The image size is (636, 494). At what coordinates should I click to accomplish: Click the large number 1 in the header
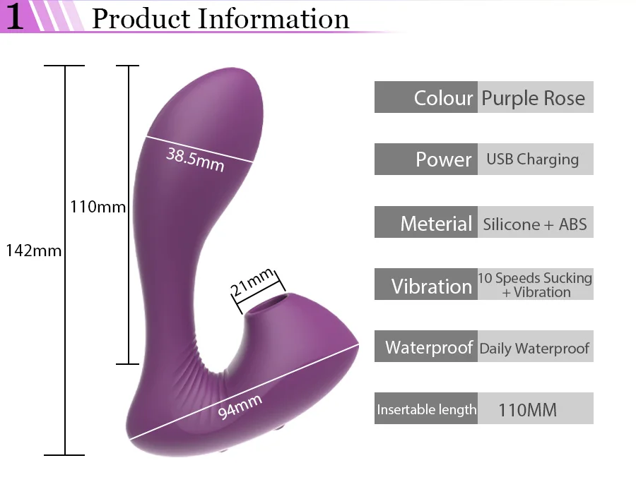15,17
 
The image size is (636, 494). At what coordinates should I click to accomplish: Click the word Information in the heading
273,18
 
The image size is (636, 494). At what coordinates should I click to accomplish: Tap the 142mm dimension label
34,251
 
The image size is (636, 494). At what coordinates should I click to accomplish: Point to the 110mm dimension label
98,207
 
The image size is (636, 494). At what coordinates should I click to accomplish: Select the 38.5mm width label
195,159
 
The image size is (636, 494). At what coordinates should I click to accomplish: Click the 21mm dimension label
252,282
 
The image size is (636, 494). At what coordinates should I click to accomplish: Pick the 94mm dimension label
240,406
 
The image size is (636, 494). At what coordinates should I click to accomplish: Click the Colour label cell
426,97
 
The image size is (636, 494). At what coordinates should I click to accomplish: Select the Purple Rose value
534,98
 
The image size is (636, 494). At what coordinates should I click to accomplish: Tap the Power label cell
426,159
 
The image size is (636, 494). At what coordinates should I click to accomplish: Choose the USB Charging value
533,159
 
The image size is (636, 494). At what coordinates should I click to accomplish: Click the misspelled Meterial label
436,224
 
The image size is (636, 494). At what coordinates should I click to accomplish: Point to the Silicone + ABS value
535,224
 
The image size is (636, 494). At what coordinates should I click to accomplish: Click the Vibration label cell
426,284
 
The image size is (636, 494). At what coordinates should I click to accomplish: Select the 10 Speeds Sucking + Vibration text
535,285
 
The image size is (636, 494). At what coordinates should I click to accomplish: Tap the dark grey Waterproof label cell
426,347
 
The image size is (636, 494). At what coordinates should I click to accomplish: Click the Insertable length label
427,410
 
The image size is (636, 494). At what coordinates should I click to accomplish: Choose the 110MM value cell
536,408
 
